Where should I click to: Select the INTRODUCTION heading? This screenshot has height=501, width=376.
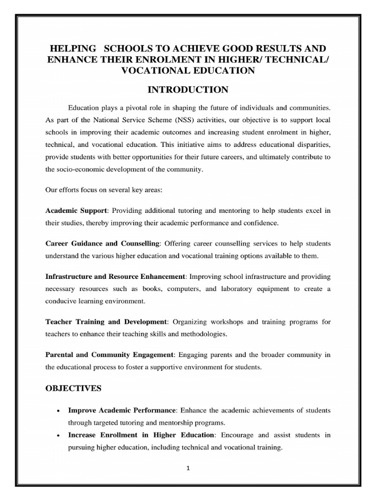pyautogui.click(x=188, y=90)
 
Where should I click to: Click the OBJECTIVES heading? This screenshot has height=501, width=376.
pyautogui.click(x=73, y=388)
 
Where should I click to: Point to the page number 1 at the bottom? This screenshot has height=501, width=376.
pyautogui.click(x=188, y=467)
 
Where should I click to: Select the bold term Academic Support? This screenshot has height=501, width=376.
pyautogui.click(x=76, y=211)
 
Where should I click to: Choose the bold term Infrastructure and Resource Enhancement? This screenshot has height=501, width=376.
pyautogui.click(x=115, y=276)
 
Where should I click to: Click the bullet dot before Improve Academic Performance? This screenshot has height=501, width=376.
pyautogui.click(x=59, y=410)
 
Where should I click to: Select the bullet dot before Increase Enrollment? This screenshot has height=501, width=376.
pyautogui.click(x=59, y=435)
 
